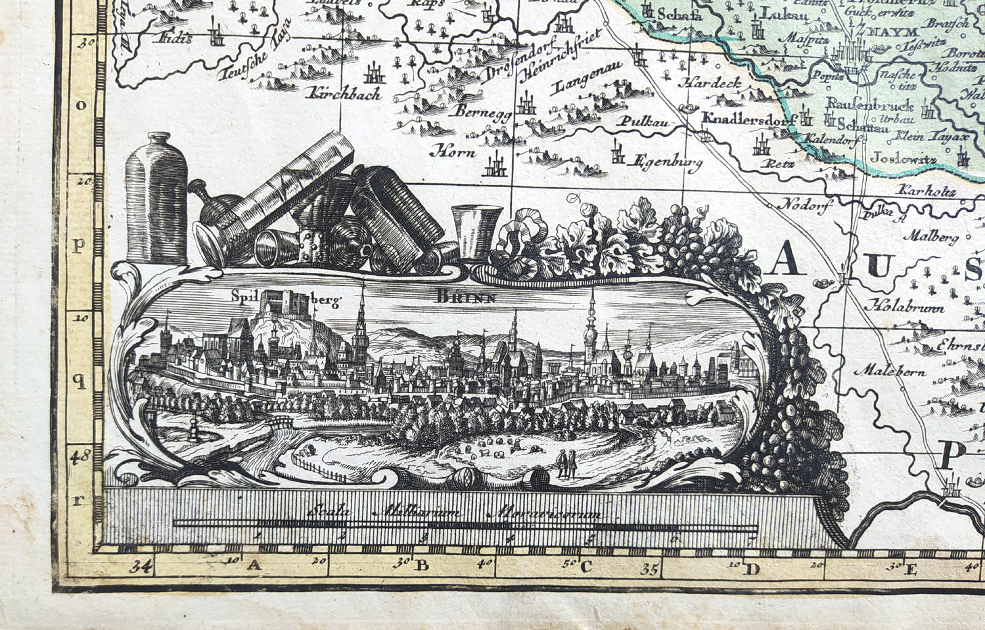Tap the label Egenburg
coord(665,163)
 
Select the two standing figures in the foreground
coord(566,464)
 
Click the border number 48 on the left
coord(80,456)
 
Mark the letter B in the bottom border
coord(422,565)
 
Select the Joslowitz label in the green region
coord(904,160)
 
